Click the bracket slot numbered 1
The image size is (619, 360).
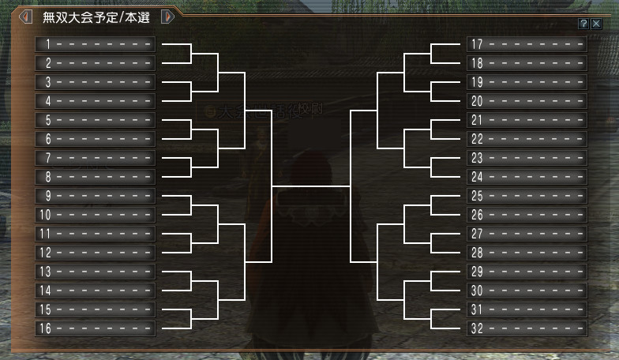coord(95,43)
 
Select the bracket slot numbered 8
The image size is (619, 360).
coord(95,177)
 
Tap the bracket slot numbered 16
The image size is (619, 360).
coord(95,328)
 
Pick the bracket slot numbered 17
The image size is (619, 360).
coord(527,43)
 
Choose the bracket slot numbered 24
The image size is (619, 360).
coord(527,177)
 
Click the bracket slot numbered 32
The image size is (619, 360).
coord(527,328)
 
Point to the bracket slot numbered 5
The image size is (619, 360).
coord(95,120)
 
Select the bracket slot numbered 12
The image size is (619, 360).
coord(95,253)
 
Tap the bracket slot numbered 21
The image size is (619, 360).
coord(527,120)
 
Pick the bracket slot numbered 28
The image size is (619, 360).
coord(527,253)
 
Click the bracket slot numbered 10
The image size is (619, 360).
coord(95,215)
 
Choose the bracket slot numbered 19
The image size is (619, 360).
coord(527,81)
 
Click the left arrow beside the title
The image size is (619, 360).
coord(25,17)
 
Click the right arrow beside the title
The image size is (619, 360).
coord(167,17)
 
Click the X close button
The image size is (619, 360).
coord(596,24)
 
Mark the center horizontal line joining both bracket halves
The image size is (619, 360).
coord(310,186)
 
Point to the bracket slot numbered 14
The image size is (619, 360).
coord(95,291)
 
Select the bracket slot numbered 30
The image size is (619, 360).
coord(527,291)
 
